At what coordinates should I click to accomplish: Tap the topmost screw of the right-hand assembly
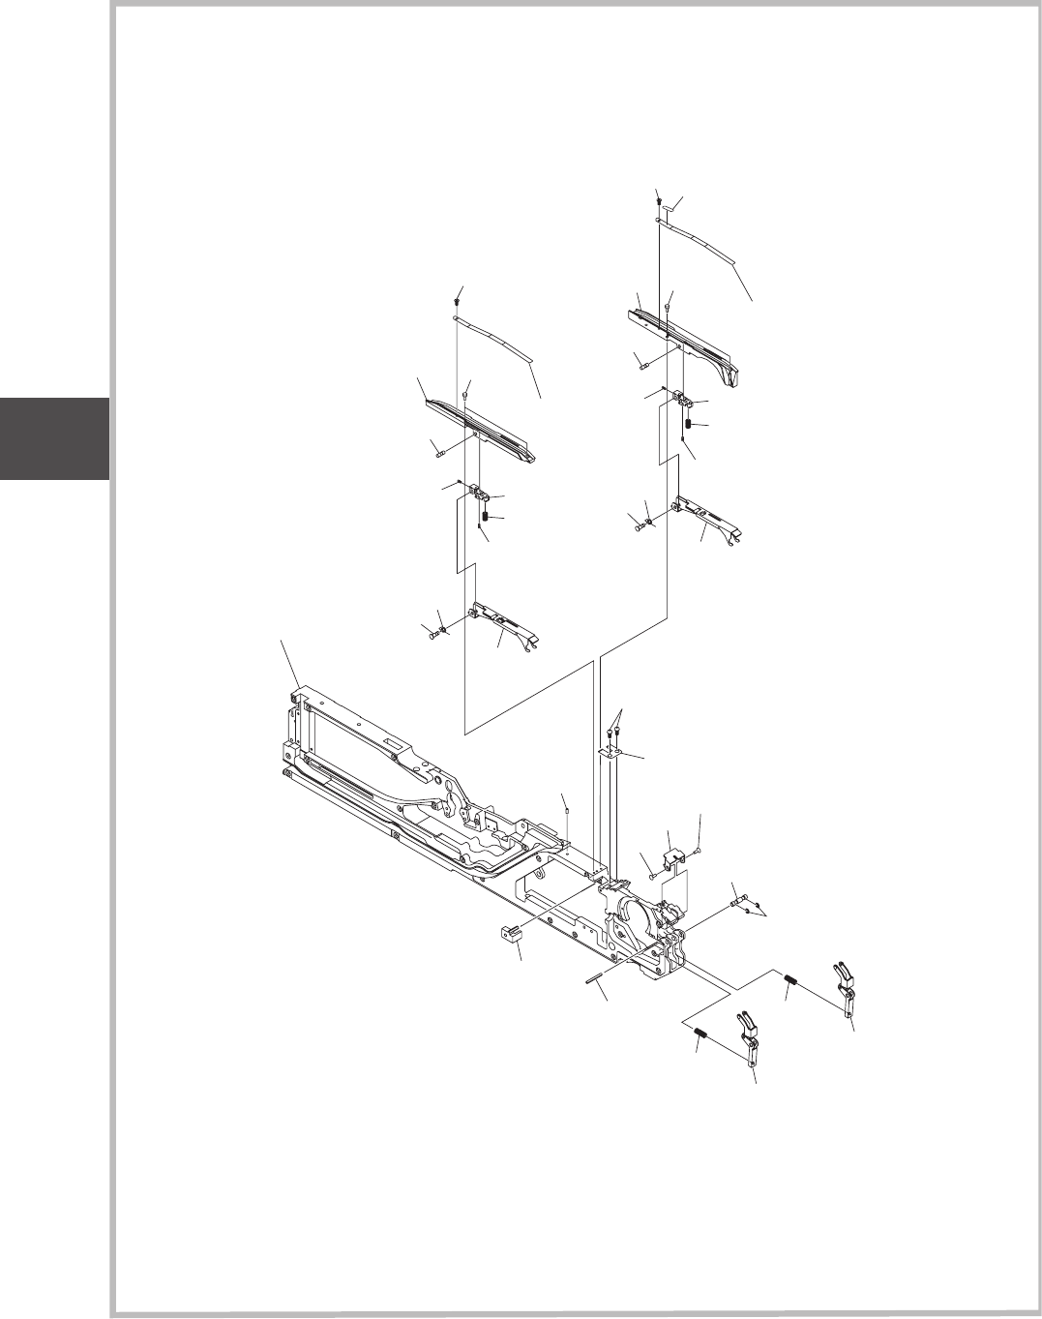pos(658,199)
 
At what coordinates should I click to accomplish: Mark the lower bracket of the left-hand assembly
pos(503,619)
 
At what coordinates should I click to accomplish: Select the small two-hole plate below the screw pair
pos(609,751)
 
